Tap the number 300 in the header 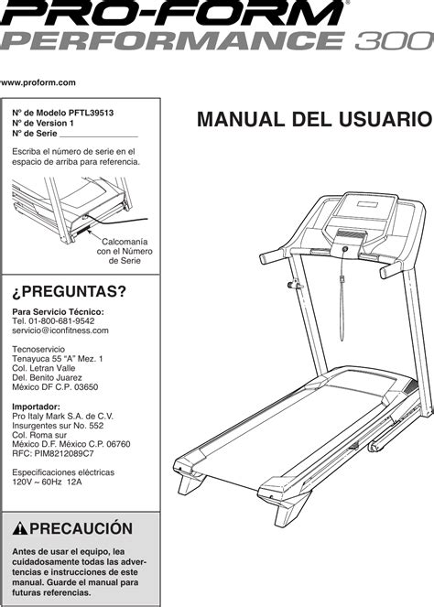(388, 42)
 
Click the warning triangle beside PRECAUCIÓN (20, 529)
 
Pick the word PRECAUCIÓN (81, 529)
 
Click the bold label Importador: (37, 407)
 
